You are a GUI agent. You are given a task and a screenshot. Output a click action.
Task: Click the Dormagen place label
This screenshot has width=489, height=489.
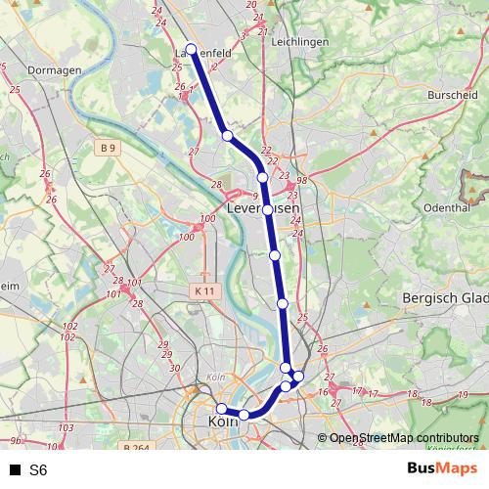tap(47, 70)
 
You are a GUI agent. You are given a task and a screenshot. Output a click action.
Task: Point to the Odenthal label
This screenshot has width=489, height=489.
tap(449, 208)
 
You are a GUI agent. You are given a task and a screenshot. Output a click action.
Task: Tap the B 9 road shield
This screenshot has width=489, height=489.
tap(109, 149)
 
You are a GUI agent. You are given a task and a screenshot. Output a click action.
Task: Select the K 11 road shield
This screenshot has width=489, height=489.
tap(204, 291)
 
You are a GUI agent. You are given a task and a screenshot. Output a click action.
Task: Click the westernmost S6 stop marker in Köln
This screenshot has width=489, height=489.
tap(222, 409)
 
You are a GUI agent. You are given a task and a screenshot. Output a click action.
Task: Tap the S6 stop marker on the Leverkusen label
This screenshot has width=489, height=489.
tap(267, 209)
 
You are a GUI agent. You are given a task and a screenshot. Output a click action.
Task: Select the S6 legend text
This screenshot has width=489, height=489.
tap(38, 469)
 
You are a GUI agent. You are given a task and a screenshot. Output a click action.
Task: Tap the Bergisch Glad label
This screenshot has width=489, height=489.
tap(445, 296)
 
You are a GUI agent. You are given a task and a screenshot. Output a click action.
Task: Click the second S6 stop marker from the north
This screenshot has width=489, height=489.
tap(227, 136)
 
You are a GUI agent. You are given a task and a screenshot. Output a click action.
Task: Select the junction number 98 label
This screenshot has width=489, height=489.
tap(303, 180)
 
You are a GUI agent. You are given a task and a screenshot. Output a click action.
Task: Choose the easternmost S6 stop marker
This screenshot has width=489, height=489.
tap(298, 377)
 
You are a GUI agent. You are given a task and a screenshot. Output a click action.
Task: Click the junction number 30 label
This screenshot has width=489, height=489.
tap(173, 368)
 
